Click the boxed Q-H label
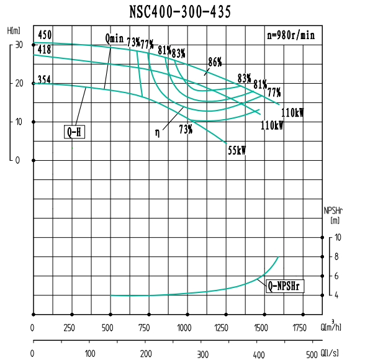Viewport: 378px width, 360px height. pyautogui.click(x=74, y=132)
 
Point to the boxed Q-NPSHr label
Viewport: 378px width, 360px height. pyautogui.click(x=285, y=287)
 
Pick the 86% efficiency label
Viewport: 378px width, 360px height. pyautogui.click(x=215, y=62)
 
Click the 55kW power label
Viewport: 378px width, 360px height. pyautogui.click(x=237, y=150)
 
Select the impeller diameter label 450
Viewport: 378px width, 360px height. pyautogui.click(x=44, y=35)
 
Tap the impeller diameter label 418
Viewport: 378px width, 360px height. pyautogui.click(x=44, y=49)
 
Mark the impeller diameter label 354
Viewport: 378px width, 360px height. pyautogui.click(x=44, y=79)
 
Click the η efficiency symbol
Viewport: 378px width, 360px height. pyautogui.click(x=158, y=132)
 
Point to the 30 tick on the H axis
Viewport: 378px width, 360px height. pyautogui.click(x=19, y=45)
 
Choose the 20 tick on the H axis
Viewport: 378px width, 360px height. pyautogui.click(x=19, y=83)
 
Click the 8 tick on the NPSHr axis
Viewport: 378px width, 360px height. pyautogui.click(x=336, y=256)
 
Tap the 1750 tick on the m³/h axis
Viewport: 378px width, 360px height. pyautogui.click(x=300, y=327)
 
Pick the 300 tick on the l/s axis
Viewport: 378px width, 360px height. pyautogui.click(x=202, y=354)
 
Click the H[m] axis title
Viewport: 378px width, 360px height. pyautogui.click(x=14, y=30)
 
